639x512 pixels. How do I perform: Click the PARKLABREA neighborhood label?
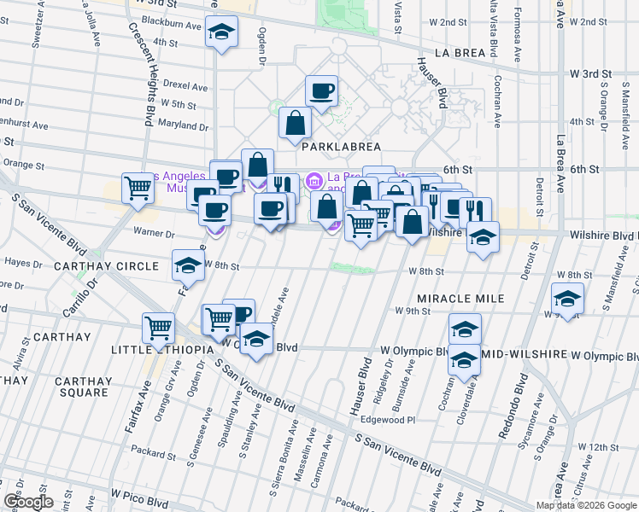click(341, 146)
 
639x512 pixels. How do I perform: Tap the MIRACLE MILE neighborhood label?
click(460, 299)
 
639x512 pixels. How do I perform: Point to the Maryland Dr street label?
click(183, 125)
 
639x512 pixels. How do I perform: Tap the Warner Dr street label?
click(154, 232)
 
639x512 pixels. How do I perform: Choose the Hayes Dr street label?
click(24, 263)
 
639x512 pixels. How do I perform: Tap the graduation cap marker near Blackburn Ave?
click(221, 32)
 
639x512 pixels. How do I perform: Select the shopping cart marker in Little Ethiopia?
click(159, 328)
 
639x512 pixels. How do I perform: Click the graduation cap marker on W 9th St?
click(566, 300)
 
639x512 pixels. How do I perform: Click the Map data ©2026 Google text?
click(586, 505)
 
